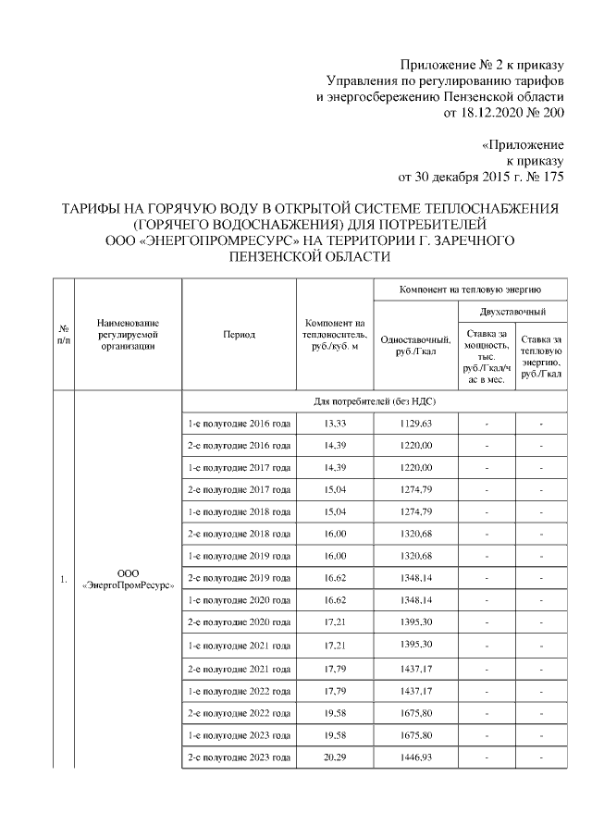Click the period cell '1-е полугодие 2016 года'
tap(240, 424)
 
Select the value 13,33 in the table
tap(335, 424)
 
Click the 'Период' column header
tap(240, 334)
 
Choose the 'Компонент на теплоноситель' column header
tap(335, 334)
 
